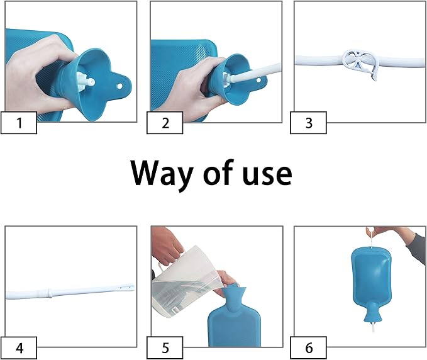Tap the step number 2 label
point(165,123)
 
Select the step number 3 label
point(308,123)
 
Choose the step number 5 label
point(165,347)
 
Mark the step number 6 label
point(308,347)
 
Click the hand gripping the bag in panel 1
point(38,69)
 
